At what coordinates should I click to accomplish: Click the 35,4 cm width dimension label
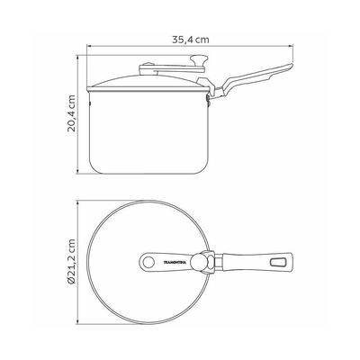tap(191, 40)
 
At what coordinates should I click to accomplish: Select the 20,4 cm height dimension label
tap(72, 113)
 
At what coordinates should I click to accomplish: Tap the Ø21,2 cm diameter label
tap(72, 261)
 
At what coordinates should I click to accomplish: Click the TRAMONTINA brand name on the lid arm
tap(175, 262)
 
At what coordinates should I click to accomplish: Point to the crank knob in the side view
tap(199, 61)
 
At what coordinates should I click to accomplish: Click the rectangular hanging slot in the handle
tap(278, 262)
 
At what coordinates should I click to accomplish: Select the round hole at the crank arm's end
tap(148, 262)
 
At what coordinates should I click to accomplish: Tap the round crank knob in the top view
tap(201, 262)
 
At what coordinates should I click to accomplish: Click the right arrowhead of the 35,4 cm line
tap(291, 46)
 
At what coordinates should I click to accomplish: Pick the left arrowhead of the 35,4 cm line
tap(89, 46)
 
